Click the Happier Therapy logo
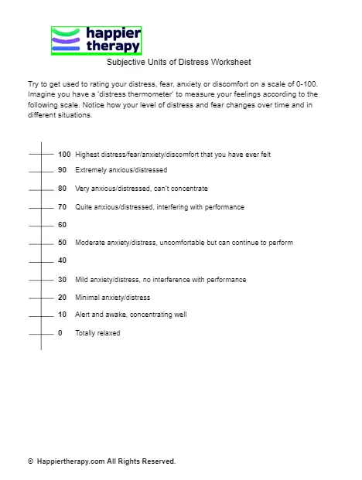pos(96,40)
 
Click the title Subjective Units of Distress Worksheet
pos(179,62)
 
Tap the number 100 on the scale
pos(63,155)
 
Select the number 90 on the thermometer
pos(62,170)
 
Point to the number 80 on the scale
pos(62,188)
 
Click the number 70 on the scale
pos(62,206)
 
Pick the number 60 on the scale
pos(62,224)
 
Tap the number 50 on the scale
pos(62,243)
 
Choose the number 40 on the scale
pos(62,260)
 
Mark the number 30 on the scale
pos(62,279)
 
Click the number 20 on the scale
pos(62,297)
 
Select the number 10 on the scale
pos(62,315)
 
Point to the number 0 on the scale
pos(60,333)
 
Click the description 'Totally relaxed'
pos(97,333)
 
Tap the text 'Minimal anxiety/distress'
pos(112,297)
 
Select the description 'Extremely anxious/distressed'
pos(121,170)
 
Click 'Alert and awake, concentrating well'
pos(131,315)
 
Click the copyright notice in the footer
pos(101,461)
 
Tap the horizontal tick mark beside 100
pos(41,155)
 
